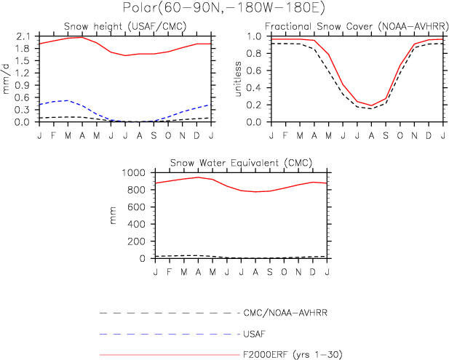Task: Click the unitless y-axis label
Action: tap(238, 79)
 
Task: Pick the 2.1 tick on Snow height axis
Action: tap(23, 36)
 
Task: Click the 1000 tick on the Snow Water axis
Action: tap(135, 173)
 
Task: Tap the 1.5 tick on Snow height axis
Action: tap(23, 61)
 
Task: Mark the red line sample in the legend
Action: tap(167, 355)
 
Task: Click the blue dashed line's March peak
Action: tap(68, 100)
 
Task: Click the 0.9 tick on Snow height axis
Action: tap(23, 85)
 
